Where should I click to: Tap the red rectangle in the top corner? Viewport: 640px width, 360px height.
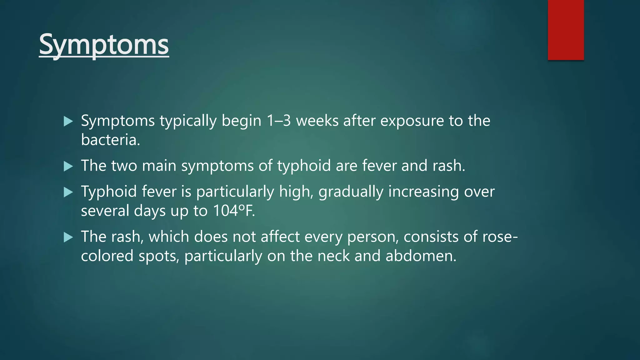click(x=566, y=30)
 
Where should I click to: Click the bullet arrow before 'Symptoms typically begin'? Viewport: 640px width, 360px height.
click(x=68, y=121)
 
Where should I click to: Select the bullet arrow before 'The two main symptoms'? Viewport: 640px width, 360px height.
click(x=68, y=166)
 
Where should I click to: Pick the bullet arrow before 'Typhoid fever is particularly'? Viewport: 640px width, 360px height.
click(x=68, y=192)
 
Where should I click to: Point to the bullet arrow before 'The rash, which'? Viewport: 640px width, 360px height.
click(x=68, y=237)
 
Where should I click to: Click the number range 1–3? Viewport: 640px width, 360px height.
click(x=278, y=121)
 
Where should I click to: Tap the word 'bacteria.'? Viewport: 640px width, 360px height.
click(x=110, y=140)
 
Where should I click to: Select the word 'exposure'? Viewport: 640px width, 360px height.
click(x=412, y=121)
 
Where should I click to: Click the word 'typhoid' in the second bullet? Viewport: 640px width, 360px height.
click(x=304, y=166)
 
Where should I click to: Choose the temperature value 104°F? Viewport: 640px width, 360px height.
click(x=233, y=211)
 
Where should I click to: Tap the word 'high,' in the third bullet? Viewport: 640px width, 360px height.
click(x=296, y=192)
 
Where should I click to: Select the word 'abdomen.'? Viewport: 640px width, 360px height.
click(x=421, y=256)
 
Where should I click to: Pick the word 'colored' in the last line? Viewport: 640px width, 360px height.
click(x=107, y=256)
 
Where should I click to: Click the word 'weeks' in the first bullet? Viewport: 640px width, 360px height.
click(x=317, y=121)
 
